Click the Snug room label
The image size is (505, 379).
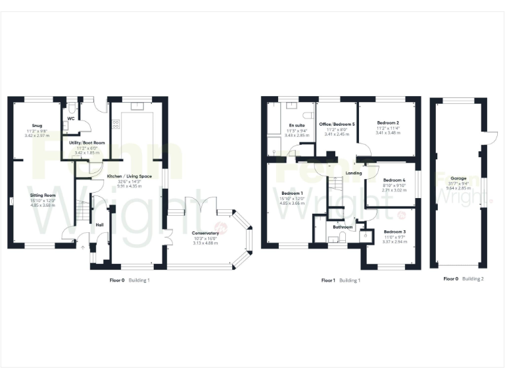[x=37, y=126]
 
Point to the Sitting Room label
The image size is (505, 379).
[x=41, y=195]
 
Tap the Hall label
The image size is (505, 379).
[x=99, y=224]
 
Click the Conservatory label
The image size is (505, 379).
[x=206, y=233]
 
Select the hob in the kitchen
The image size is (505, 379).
[x=116, y=123]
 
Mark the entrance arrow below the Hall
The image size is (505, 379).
[x=82, y=248]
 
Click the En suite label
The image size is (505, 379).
[x=297, y=125]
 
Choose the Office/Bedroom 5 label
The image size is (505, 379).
[x=337, y=124]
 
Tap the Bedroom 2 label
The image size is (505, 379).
[x=388, y=123]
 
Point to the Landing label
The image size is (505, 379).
[x=353, y=174]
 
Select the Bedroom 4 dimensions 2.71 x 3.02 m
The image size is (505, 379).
[x=394, y=191]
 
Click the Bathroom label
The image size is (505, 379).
[x=343, y=227]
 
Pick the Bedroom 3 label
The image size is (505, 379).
[x=395, y=232]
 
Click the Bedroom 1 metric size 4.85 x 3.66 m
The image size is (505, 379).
[x=293, y=203]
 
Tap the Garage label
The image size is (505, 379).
[x=458, y=178]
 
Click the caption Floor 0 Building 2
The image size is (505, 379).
[x=464, y=279]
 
